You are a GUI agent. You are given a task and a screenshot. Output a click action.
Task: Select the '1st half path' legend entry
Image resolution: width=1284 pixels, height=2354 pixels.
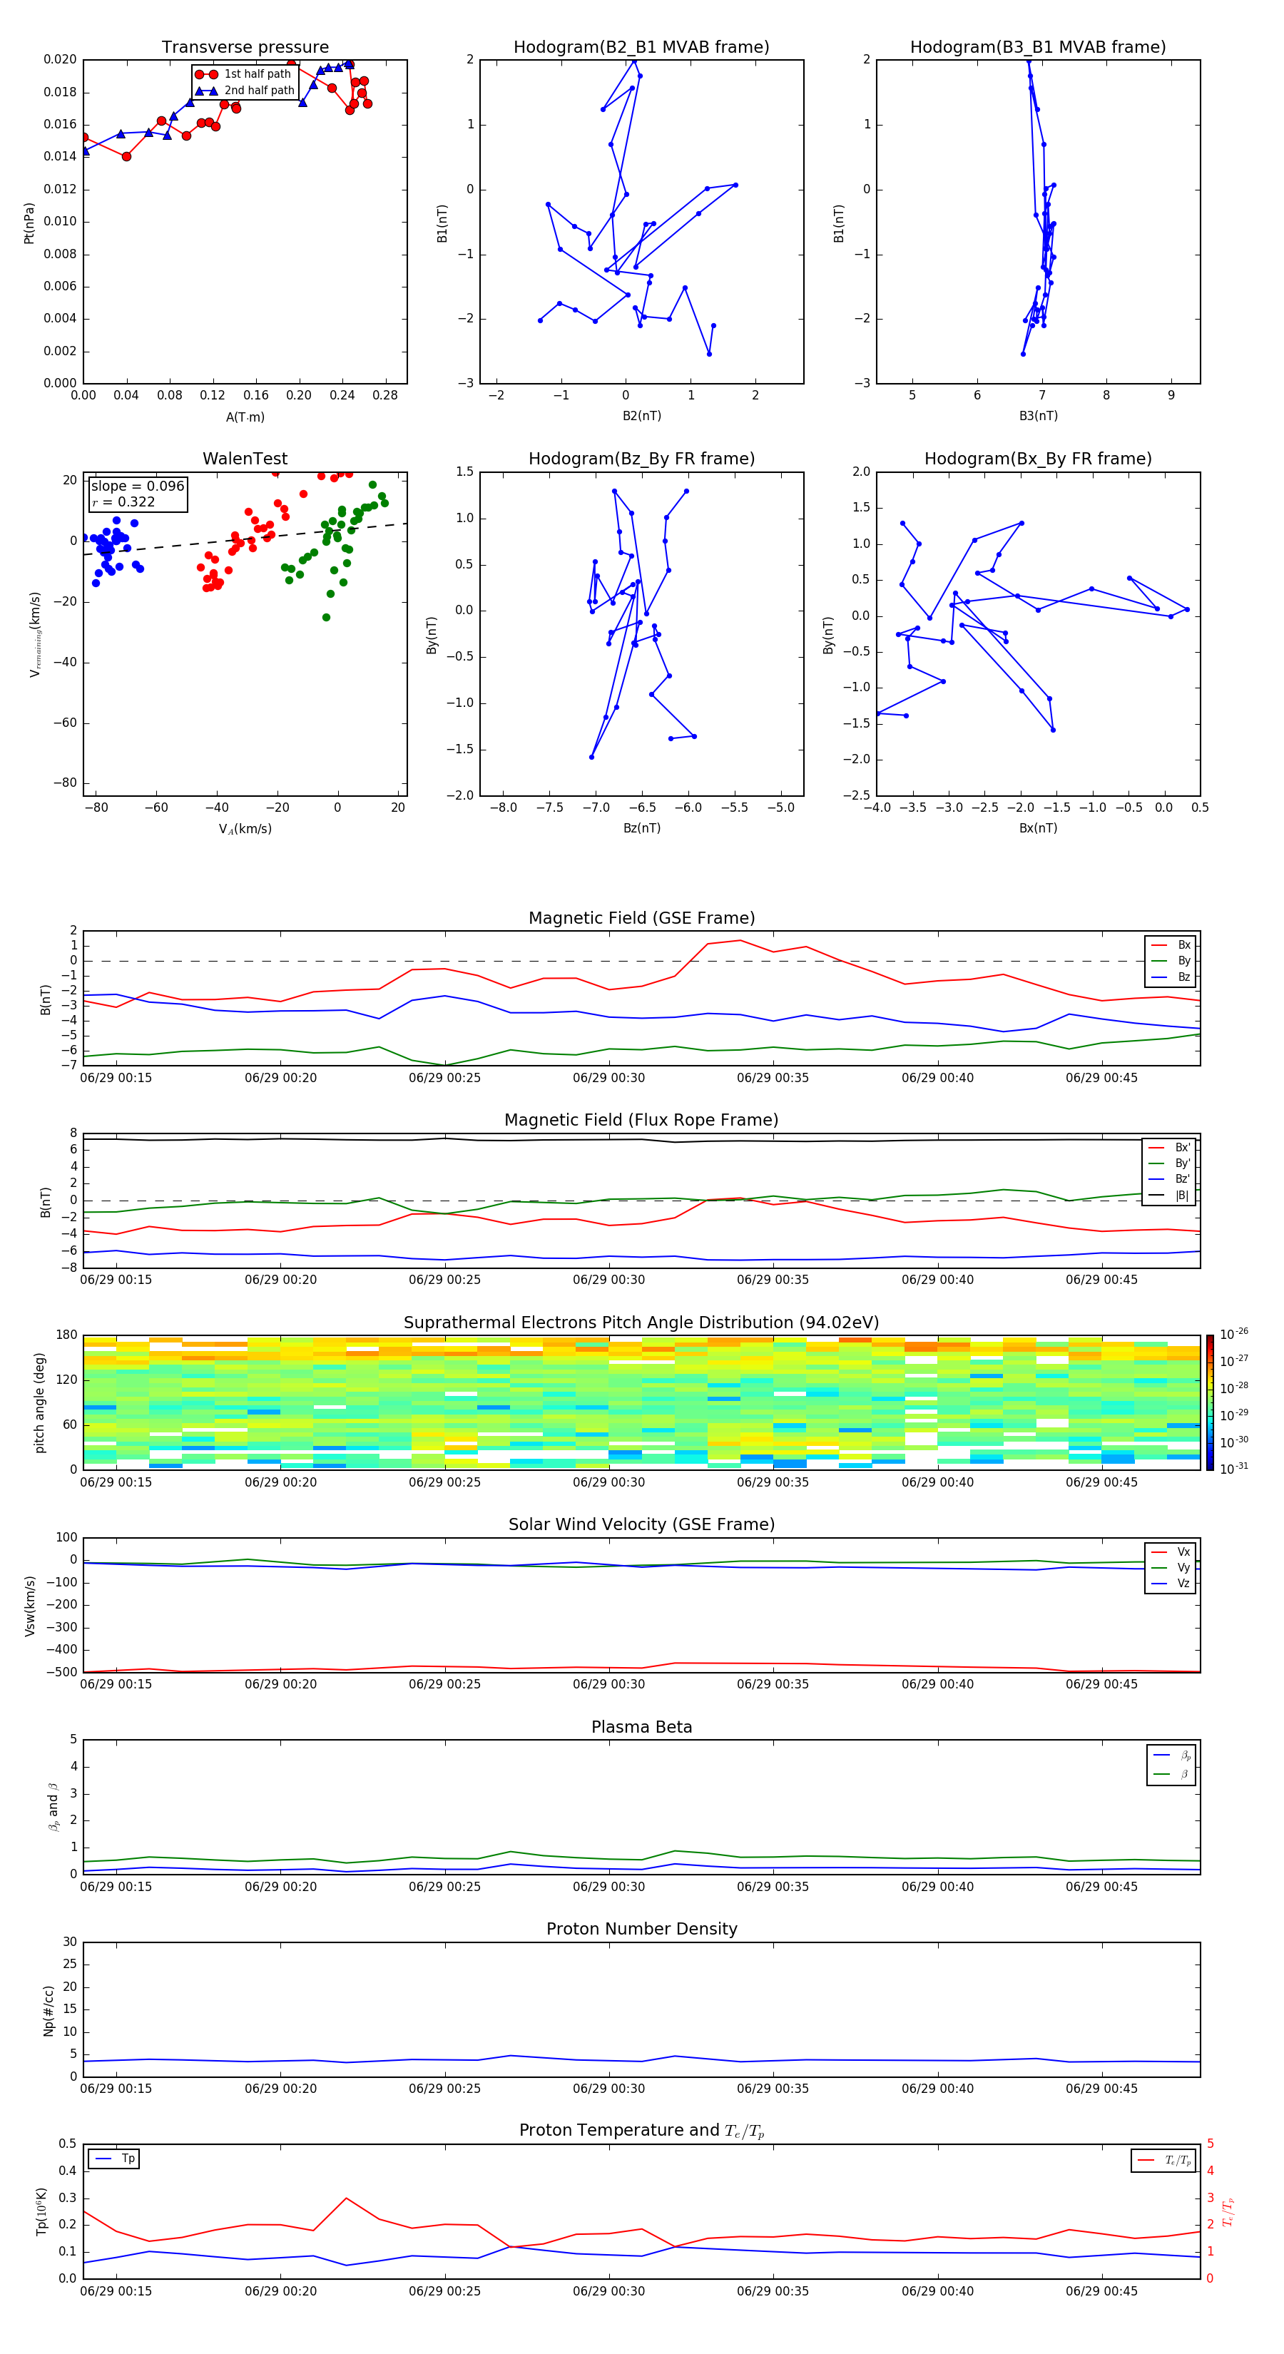pos(257,74)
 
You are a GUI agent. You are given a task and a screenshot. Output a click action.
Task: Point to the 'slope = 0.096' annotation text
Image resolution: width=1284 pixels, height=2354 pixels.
pos(137,486)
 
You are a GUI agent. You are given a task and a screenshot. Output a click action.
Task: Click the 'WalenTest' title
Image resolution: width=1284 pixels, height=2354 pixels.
pos(245,459)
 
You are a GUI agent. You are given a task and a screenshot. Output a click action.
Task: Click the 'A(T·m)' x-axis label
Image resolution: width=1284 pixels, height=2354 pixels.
pos(245,417)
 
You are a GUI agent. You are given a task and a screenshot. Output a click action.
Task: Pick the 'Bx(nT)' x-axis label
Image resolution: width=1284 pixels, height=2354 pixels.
pos(1037,828)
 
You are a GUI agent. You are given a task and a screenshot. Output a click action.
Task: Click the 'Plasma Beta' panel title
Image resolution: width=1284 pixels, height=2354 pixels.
pos(641,1727)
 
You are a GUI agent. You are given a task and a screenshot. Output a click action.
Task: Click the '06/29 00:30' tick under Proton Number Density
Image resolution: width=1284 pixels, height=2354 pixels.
pos(608,2088)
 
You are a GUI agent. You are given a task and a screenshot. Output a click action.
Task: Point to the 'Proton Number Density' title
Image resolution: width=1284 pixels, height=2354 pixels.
pos(641,1929)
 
